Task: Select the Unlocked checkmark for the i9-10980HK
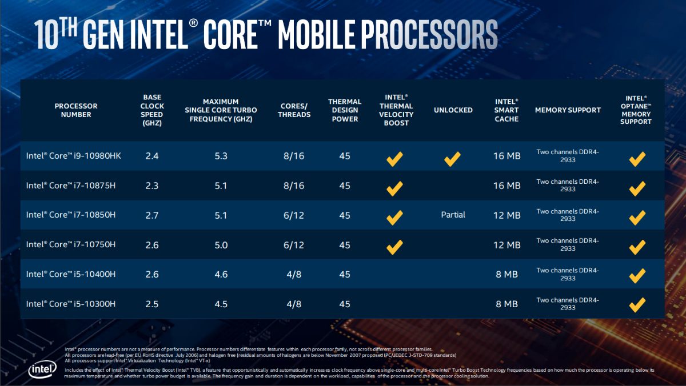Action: click(x=453, y=159)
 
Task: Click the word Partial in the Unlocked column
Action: click(x=453, y=215)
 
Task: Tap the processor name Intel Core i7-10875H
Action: click(x=71, y=186)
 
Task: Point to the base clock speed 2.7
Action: click(x=152, y=215)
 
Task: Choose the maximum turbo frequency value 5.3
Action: click(x=221, y=156)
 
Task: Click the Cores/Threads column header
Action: click(x=295, y=110)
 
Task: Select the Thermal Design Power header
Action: click(x=345, y=110)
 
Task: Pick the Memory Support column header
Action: click(x=568, y=110)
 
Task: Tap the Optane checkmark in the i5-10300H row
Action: click(x=637, y=305)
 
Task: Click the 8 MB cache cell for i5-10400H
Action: click(x=506, y=275)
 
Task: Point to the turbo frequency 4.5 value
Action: click(x=221, y=304)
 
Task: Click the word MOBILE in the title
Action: click(x=331, y=34)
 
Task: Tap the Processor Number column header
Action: click(x=76, y=110)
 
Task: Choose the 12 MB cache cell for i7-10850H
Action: click(x=506, y=215)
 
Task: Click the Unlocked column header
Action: click(x=453, y=110)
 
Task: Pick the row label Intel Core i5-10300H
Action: click(x=71, y=304)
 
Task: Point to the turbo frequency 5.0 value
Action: click(x=221, y=245)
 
